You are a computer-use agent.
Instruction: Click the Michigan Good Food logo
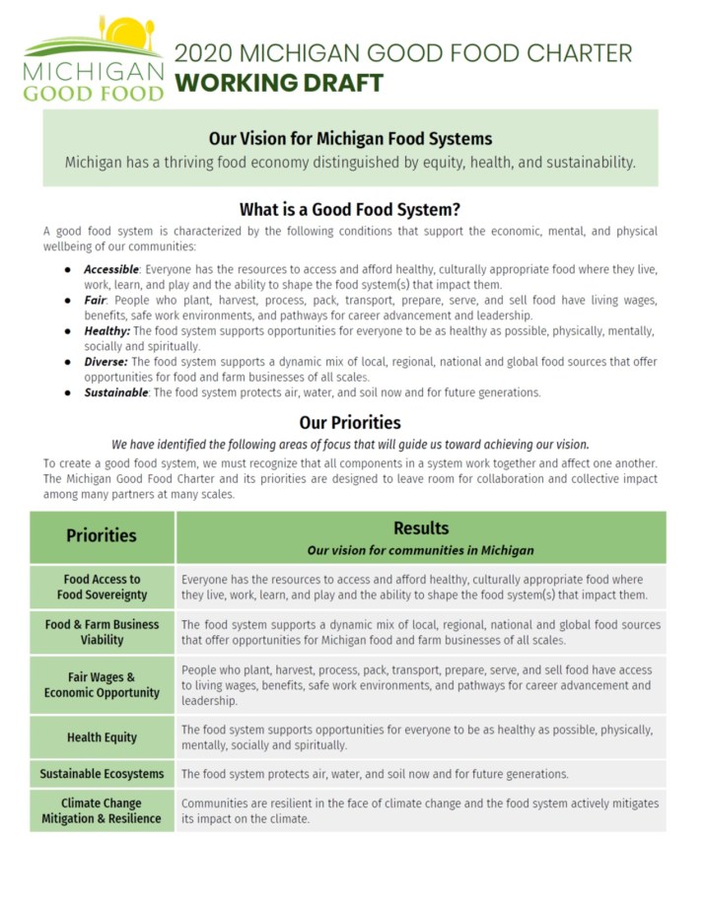[94, 59]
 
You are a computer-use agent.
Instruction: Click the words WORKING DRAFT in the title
[278, 83]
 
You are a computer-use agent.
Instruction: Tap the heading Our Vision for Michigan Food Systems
[350, 138]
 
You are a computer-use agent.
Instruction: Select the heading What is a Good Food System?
[350, 210]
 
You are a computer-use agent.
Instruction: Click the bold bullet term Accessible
[111, 269]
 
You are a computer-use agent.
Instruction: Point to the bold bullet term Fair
[95, 300]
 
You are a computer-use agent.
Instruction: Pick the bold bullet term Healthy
[106, 331]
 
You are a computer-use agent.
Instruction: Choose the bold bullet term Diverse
[106, 362]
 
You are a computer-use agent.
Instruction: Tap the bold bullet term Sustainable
[116, 392]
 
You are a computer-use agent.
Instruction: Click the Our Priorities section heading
[350, 423]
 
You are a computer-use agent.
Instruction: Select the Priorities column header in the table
[102, 535]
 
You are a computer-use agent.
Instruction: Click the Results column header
[421, 528]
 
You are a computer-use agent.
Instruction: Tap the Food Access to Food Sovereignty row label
[102, 587]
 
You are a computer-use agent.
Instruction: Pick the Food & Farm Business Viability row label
[102, 632]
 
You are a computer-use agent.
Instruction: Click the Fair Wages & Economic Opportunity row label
[102, 684]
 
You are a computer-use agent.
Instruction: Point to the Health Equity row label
[102, 737]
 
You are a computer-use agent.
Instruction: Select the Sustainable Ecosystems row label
[102, 774]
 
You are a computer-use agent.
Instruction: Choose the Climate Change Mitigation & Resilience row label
[102, 810]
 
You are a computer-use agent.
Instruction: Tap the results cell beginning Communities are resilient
[420, 810]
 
